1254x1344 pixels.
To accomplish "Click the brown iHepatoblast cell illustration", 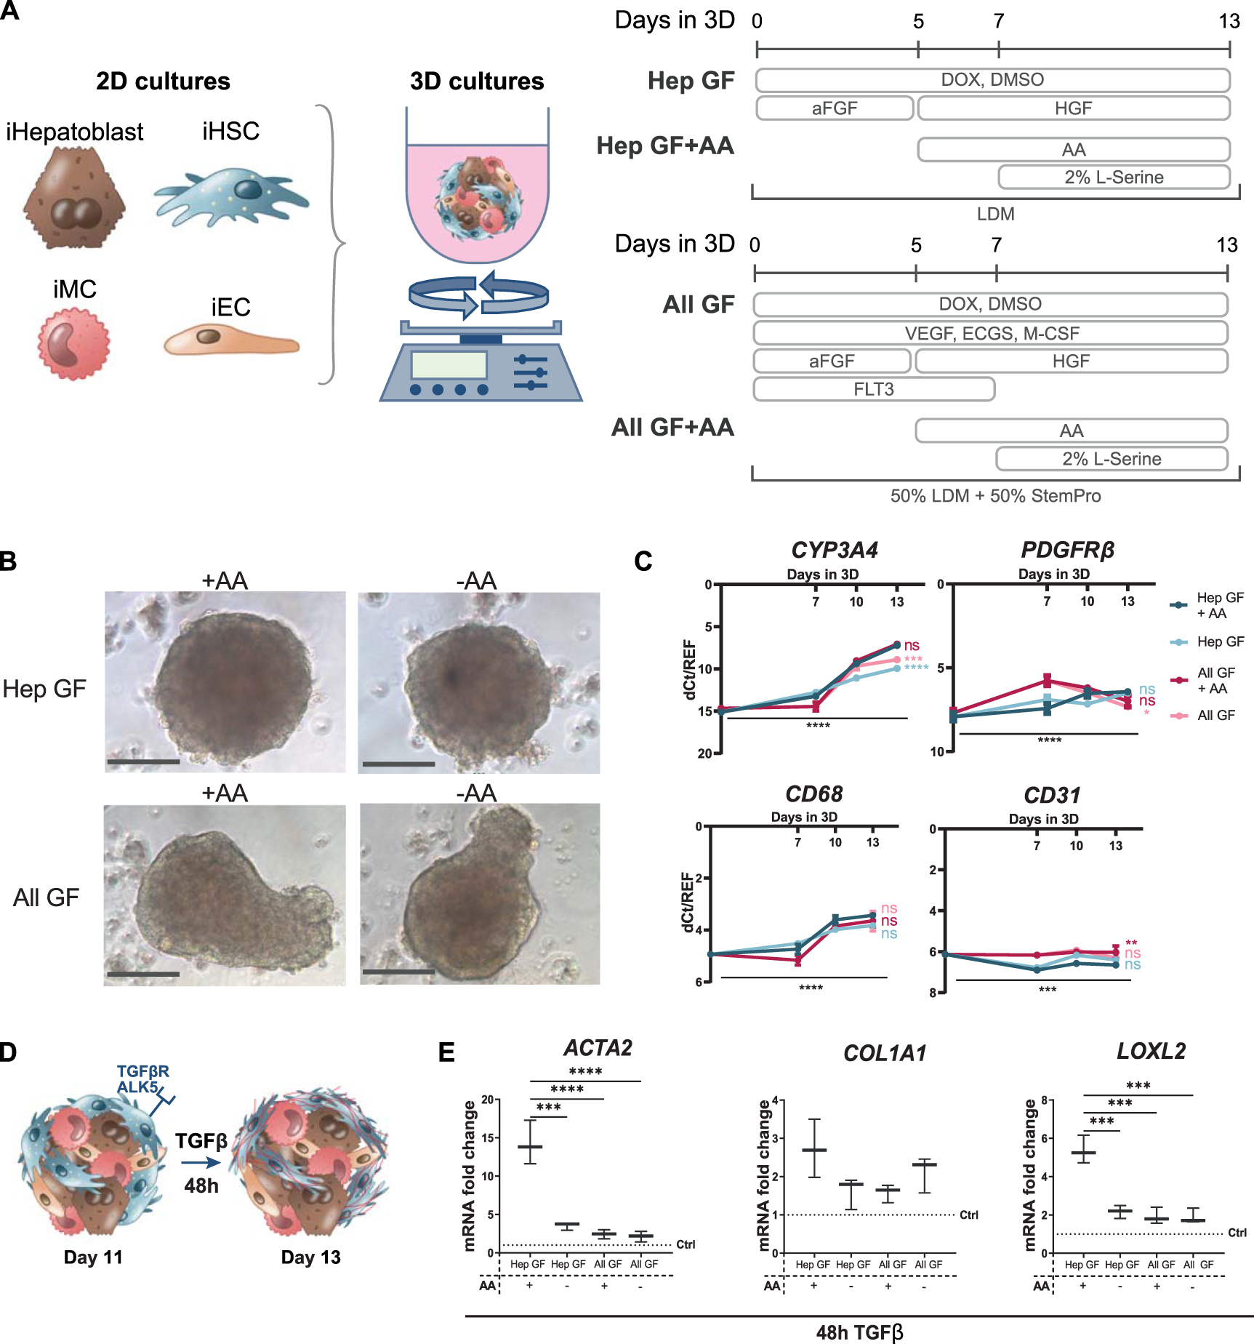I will (74, 198).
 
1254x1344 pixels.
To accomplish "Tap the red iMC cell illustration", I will (73, 343).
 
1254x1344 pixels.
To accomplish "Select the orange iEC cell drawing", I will (230, 340).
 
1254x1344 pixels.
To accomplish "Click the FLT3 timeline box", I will (873, 389).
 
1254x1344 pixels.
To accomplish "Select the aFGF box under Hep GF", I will (834, 108).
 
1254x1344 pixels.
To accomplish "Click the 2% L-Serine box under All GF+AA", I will (1111, 459).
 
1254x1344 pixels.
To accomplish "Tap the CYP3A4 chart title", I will (834, 550).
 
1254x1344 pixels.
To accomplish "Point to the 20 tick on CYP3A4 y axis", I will (704, 753).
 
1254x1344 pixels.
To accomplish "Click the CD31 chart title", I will (1051, 795).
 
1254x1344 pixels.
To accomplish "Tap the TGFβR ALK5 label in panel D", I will (142, 1079).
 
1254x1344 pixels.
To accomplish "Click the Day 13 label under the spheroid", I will (310, 1257).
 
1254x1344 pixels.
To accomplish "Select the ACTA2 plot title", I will (598, 1048).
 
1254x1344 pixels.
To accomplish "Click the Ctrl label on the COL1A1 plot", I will (968, 1215).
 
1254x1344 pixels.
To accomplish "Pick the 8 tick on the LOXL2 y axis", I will (1045, 1100).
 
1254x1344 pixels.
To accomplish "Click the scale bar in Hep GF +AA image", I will (143, 762).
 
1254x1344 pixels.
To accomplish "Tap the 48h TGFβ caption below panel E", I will (859, 1332).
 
